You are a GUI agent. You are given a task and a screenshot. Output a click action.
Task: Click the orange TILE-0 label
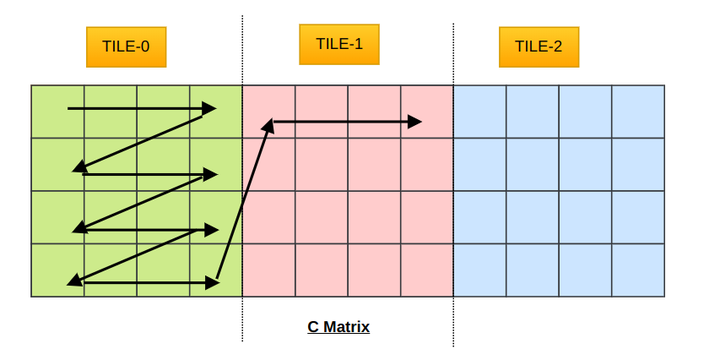[x=125, y=46]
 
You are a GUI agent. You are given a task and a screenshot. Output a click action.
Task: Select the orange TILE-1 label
[x=339, y=44]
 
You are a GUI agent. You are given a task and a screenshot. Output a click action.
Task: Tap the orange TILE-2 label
[x=539, y=46]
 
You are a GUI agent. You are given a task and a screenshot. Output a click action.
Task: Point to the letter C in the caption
[x=313, y=327]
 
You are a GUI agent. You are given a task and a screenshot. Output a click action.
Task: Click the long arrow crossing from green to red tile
[x=242, y=200]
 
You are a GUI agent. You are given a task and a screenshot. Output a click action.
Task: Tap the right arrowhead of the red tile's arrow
[x=415, y=122]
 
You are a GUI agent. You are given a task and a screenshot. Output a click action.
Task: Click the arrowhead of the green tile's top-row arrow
[x=209, y=107]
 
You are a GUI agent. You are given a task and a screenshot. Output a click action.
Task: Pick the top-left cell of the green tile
[x=57, y=111]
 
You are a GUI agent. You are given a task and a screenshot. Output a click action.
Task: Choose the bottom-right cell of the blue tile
[x=638, y=270]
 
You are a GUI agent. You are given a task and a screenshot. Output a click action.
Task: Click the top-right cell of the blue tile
[x=638, y=111]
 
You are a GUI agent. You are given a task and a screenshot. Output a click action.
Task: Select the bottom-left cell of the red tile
[x=269, y=270]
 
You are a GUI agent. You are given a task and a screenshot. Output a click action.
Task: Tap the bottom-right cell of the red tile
[x=427, y=270]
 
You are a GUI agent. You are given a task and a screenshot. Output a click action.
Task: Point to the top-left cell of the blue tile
[x=480, y=111]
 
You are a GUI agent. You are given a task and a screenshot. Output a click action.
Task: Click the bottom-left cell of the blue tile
[x=480, y=270]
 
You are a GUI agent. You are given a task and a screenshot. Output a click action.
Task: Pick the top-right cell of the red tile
[x=427, y=111]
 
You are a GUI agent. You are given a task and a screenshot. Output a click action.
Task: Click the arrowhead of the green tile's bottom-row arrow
[x=212, y=283]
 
